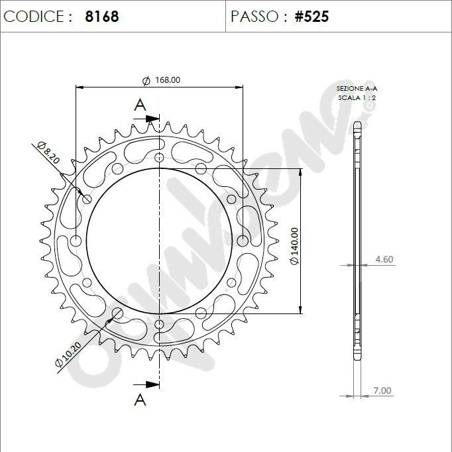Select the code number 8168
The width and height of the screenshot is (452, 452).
click(x=102, y=17)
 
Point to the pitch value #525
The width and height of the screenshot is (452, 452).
click(x=311, y=17)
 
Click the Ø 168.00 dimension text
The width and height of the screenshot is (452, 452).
click(x=161, y=80)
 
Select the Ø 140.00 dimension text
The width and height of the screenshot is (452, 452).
click(x=294, y=247)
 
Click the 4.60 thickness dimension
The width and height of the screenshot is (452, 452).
click(x=384, y=258)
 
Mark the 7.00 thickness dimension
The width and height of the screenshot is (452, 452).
click(x=382, y=390)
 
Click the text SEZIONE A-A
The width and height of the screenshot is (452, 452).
click(x=357, y=88)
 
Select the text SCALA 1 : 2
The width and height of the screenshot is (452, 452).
click(x=357, y=97)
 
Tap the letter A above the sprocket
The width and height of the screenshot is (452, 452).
click(x=140, y=104)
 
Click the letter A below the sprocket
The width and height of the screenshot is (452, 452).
click(x=140, y=399)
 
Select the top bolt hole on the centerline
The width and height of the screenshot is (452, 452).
click(x=159, y=158)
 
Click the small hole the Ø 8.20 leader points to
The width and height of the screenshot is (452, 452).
click(x=87, y=199)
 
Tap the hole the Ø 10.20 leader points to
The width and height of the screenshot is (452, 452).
click(x=117, y=313)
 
